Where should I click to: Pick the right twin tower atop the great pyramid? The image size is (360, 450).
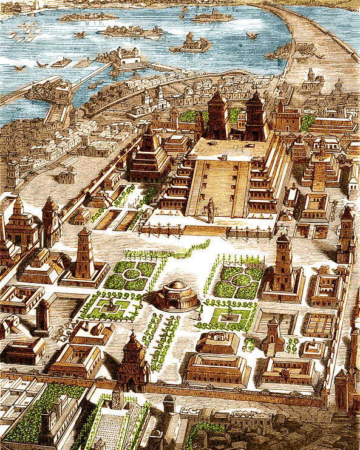click(x=255, y=117)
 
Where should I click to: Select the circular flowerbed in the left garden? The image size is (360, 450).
click(x=132, y=274)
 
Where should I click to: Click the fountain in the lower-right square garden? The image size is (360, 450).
click(x=229, y=316)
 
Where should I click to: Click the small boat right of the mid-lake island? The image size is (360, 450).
click(x=251, y=35)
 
